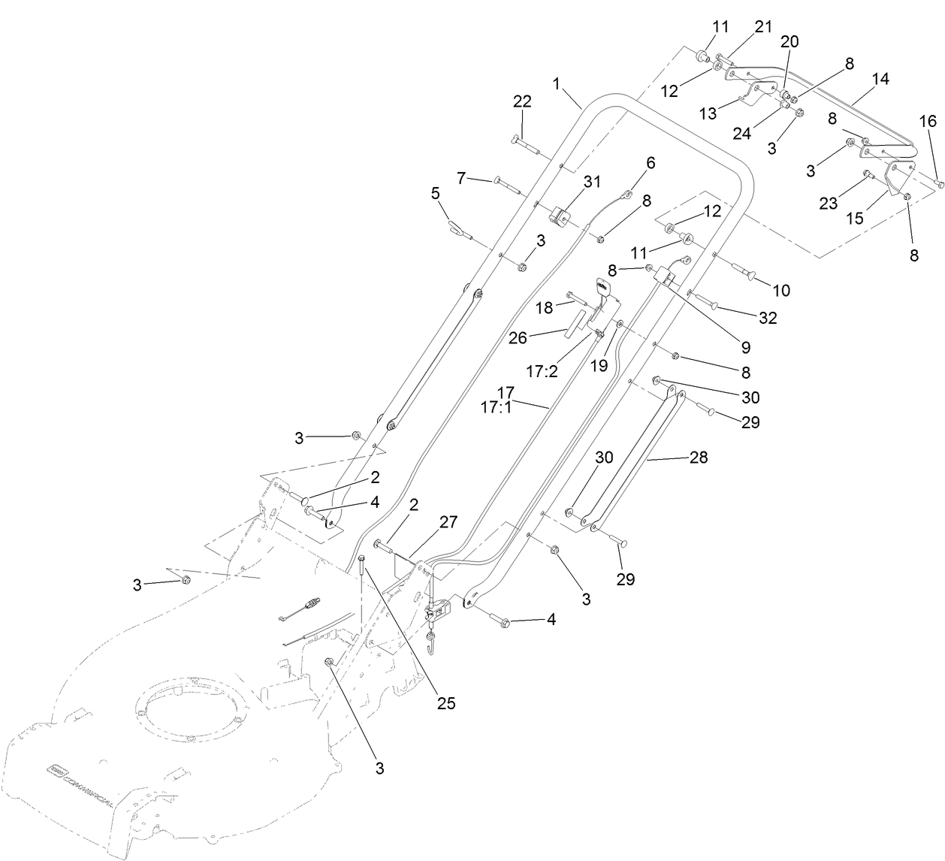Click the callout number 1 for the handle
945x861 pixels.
click(x=557, y=84)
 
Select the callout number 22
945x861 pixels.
click(x=521, y=101)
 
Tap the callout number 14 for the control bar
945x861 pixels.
click(x=880, y=79)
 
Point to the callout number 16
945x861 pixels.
click(x=928, y=122)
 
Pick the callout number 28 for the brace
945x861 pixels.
click(x=699, y=457)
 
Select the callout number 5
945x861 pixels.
click(x=435, y=194)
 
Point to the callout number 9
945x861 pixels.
click(x=745, y=347)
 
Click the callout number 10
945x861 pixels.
click(x=781, y=290)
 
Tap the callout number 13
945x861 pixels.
click(x=708, y=113)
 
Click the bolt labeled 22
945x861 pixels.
click(x=526, y=143)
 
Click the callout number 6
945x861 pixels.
click(x=651, y=162)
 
